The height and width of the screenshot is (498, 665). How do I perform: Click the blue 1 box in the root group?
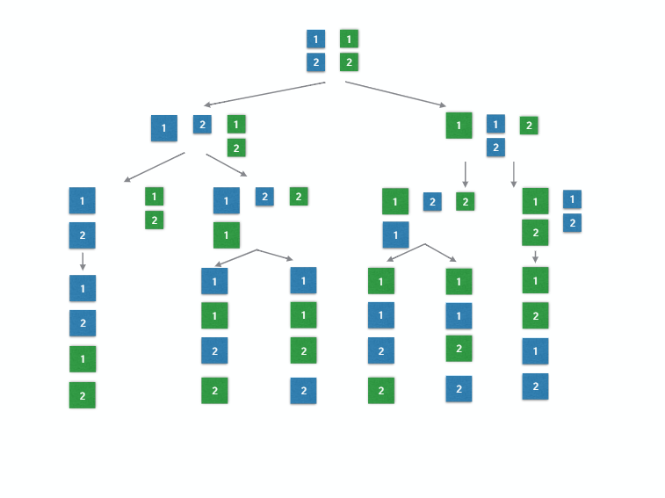(x=315, y=39)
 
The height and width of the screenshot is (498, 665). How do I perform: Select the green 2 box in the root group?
(x=349, y=62)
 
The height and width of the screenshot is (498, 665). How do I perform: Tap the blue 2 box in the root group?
(x=315, y=62)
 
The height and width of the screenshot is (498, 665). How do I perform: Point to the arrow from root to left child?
(x=264, y=94)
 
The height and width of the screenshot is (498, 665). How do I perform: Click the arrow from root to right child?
(x=394, y=94)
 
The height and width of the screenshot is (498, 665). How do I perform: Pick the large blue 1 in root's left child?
(x=164, y=128)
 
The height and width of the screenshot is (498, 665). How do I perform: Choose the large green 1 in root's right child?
(x=459, y=126)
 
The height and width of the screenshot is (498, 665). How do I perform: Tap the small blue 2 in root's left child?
(x=202, y=125)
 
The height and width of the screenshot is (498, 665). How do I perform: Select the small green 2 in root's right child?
(x=528, y=126)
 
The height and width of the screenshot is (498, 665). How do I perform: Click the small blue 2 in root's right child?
(x=495, y=148)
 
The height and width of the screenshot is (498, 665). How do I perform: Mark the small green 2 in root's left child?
(x=235, y=148)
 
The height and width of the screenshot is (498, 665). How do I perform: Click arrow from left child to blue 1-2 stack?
(x=154, y=167)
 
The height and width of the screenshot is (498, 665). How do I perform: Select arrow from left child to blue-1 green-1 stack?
(x=227, y=165)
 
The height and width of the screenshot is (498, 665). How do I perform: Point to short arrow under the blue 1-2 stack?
(x=83, y=261)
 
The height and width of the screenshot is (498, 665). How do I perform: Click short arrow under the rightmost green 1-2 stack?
(x=535, y=256)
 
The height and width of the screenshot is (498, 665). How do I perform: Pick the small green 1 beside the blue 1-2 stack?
(x=155, y=197)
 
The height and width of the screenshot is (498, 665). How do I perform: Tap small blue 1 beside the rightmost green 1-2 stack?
(x=572, y=199)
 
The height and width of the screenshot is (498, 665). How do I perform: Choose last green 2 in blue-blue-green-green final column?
(x=83, y=395)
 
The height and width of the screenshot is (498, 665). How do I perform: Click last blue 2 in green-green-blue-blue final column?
(x=535, y=386)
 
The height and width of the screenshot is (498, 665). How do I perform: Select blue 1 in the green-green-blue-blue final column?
(x=535, y=351)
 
